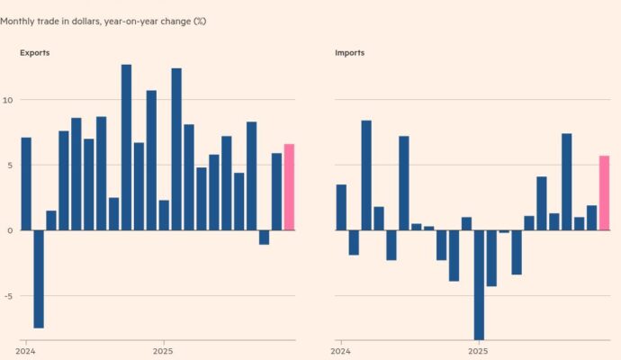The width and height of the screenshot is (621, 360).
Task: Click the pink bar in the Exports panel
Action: tap(289, 186)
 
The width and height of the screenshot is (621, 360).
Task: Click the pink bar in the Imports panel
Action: tap(604, 193)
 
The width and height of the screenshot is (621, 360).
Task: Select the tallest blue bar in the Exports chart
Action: tap(126, 147)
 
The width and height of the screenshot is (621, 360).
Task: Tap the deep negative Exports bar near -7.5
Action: tap(39, 279)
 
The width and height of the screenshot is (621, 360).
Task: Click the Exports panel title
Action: tap(35, 53)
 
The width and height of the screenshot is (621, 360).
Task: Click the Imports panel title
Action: tap(349, 53)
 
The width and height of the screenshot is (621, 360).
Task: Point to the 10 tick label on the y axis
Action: tap(6, 99)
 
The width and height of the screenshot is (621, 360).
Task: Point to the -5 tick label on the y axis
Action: tap(6, 295)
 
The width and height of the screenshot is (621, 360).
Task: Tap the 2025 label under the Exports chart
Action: tap(163, 350)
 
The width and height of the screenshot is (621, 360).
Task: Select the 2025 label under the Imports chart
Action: tap(478, 350)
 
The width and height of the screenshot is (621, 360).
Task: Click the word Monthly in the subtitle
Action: tap(19, 20)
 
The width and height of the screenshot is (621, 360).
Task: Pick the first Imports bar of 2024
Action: tap(341, 207)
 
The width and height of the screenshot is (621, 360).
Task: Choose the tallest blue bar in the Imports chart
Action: tap(366, 175)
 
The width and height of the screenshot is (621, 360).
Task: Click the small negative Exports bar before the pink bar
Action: tap(264, 237)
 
